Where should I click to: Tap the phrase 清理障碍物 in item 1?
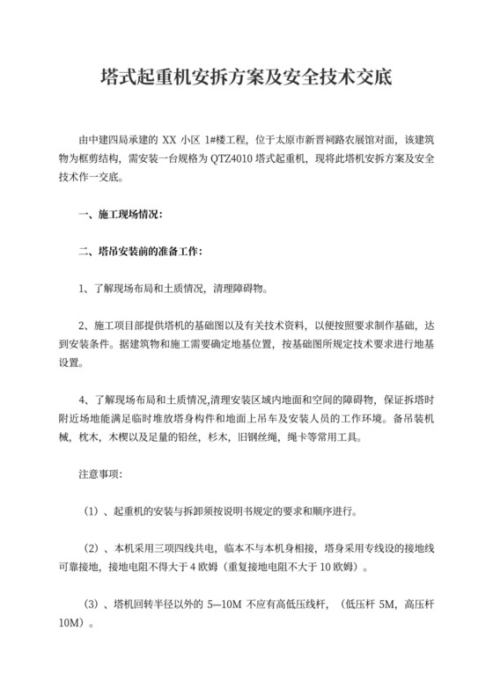[x=240, y=288]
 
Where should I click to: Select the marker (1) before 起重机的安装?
[x=92, y=511]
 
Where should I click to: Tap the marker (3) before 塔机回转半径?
[x=92, y=604]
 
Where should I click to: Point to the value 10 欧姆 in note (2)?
[x=339, y=567]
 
